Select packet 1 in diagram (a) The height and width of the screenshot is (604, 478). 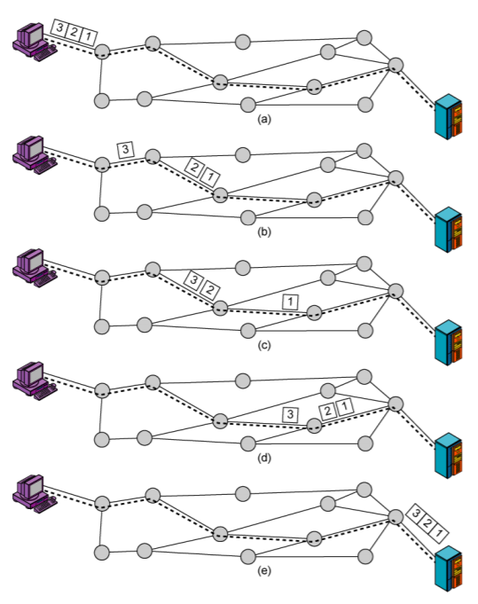pos(91,36)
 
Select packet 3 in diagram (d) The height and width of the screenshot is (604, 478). pos(288,414)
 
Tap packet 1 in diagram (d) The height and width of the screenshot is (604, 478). pos(345,407)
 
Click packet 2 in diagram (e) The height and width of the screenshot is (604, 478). pos(429,521)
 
